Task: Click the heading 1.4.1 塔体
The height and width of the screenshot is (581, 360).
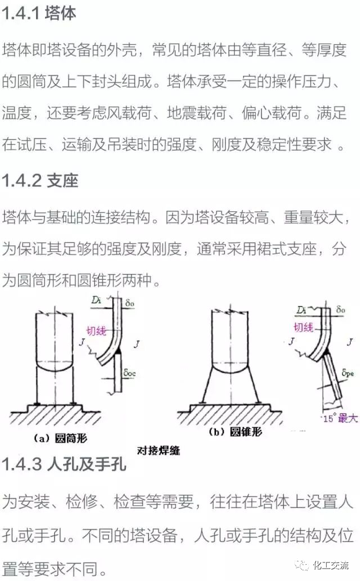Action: (x=39, y=13)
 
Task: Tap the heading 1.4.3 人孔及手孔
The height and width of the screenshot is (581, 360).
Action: (x=64, y=465)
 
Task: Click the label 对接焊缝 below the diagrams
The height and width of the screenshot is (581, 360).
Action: (x=159, y=450)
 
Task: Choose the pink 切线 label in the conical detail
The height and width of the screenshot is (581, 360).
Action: (x=302, y=327)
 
